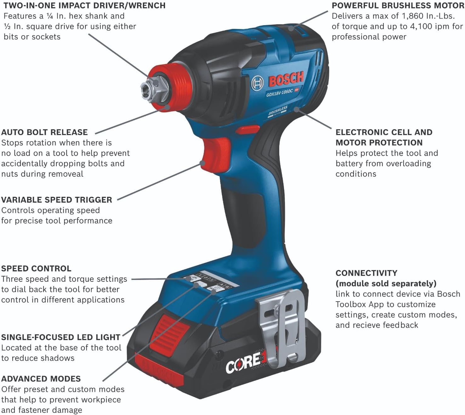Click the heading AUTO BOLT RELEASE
pyautogui.click(x=44, y=132)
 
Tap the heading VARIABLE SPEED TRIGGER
pyautogui.click(x=57, y=200)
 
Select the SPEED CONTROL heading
pyautogui.click(x=36, y=268)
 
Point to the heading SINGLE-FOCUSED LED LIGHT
pyautogui.click(x=61, y=337)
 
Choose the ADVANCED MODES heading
pyautogui.click(x=41, y=379)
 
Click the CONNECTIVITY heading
pyautogui.click(x=366, y=273)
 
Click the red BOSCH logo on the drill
pyautogui.click(x=286, y=79)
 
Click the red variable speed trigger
pyautogui.click(x=215, y=154)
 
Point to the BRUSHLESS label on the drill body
pyautogui.click(x=278, y=111)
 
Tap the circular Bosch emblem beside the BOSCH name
pyautogui.click(x=257, y=83)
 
